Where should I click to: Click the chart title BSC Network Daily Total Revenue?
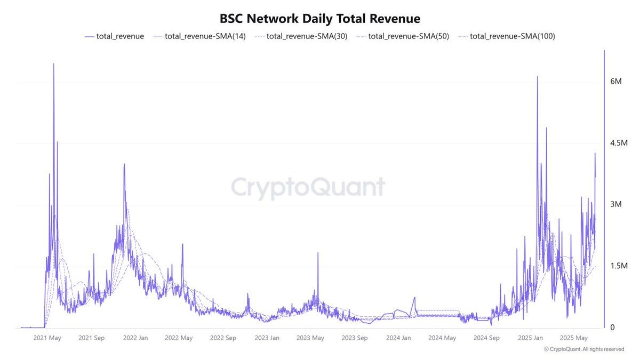click(320, 19)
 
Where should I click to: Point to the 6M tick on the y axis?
click(616, 81)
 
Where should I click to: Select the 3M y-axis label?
click(616, 205)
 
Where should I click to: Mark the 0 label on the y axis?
click(613, 327)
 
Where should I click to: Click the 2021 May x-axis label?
click(47, 338)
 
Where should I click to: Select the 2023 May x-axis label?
click(310, 338)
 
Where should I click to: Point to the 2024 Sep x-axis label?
click(487, 338)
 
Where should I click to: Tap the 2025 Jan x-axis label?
click(531, 338)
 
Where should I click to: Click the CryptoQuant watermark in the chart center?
click(308, 188)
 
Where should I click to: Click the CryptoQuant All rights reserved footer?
click(584, 349)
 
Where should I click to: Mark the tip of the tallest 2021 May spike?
click(53, 64)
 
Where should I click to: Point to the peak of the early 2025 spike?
click(537, 77)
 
